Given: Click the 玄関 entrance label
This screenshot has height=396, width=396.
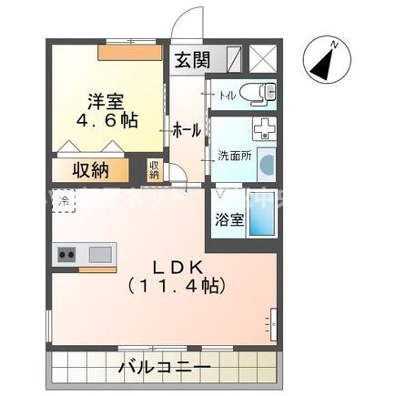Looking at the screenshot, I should click(x=192, y=62).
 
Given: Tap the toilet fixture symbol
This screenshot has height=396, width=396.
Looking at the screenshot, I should click(x=263, y=93).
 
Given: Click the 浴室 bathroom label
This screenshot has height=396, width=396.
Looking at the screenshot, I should click(x=228, y=219).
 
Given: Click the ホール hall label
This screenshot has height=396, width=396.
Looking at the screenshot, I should click(x=187, y=131).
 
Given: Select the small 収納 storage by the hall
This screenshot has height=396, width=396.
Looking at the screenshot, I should click(x=155, y=169).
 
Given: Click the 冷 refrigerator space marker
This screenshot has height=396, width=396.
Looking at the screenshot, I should click(x=64, y=198).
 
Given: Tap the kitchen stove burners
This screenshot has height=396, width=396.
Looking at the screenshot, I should click(x=66, y=254).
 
